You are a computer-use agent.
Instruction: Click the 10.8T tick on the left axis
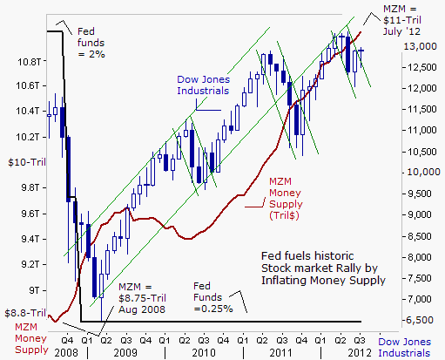29,62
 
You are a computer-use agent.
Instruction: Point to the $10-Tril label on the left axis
27,162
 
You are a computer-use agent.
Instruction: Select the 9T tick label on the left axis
34,290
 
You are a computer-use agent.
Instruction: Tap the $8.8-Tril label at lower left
25,313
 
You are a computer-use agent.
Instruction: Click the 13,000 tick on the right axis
420,46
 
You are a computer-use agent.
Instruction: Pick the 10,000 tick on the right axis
424,172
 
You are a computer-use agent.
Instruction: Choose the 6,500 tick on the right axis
420,320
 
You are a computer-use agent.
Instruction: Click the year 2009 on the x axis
125,353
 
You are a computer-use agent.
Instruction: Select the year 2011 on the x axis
280,353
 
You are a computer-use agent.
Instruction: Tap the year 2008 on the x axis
66,353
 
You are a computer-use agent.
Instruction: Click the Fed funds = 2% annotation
91,43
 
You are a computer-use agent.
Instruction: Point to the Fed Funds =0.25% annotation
213,297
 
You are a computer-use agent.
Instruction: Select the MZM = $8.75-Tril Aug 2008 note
142,298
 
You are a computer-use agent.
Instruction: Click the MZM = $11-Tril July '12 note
402,20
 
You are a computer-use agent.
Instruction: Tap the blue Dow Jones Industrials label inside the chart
203,85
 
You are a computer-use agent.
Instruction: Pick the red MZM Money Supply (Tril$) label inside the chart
286,199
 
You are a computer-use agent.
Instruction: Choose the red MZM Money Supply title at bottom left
31,338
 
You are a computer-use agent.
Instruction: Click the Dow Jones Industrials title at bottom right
404,347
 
